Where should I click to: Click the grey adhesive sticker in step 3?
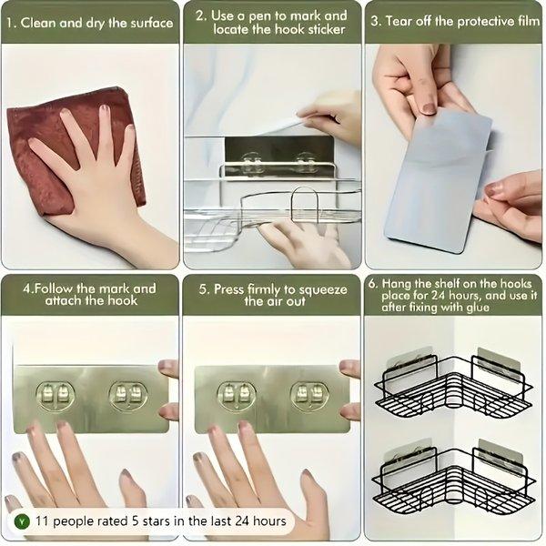[x=437, y=182]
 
